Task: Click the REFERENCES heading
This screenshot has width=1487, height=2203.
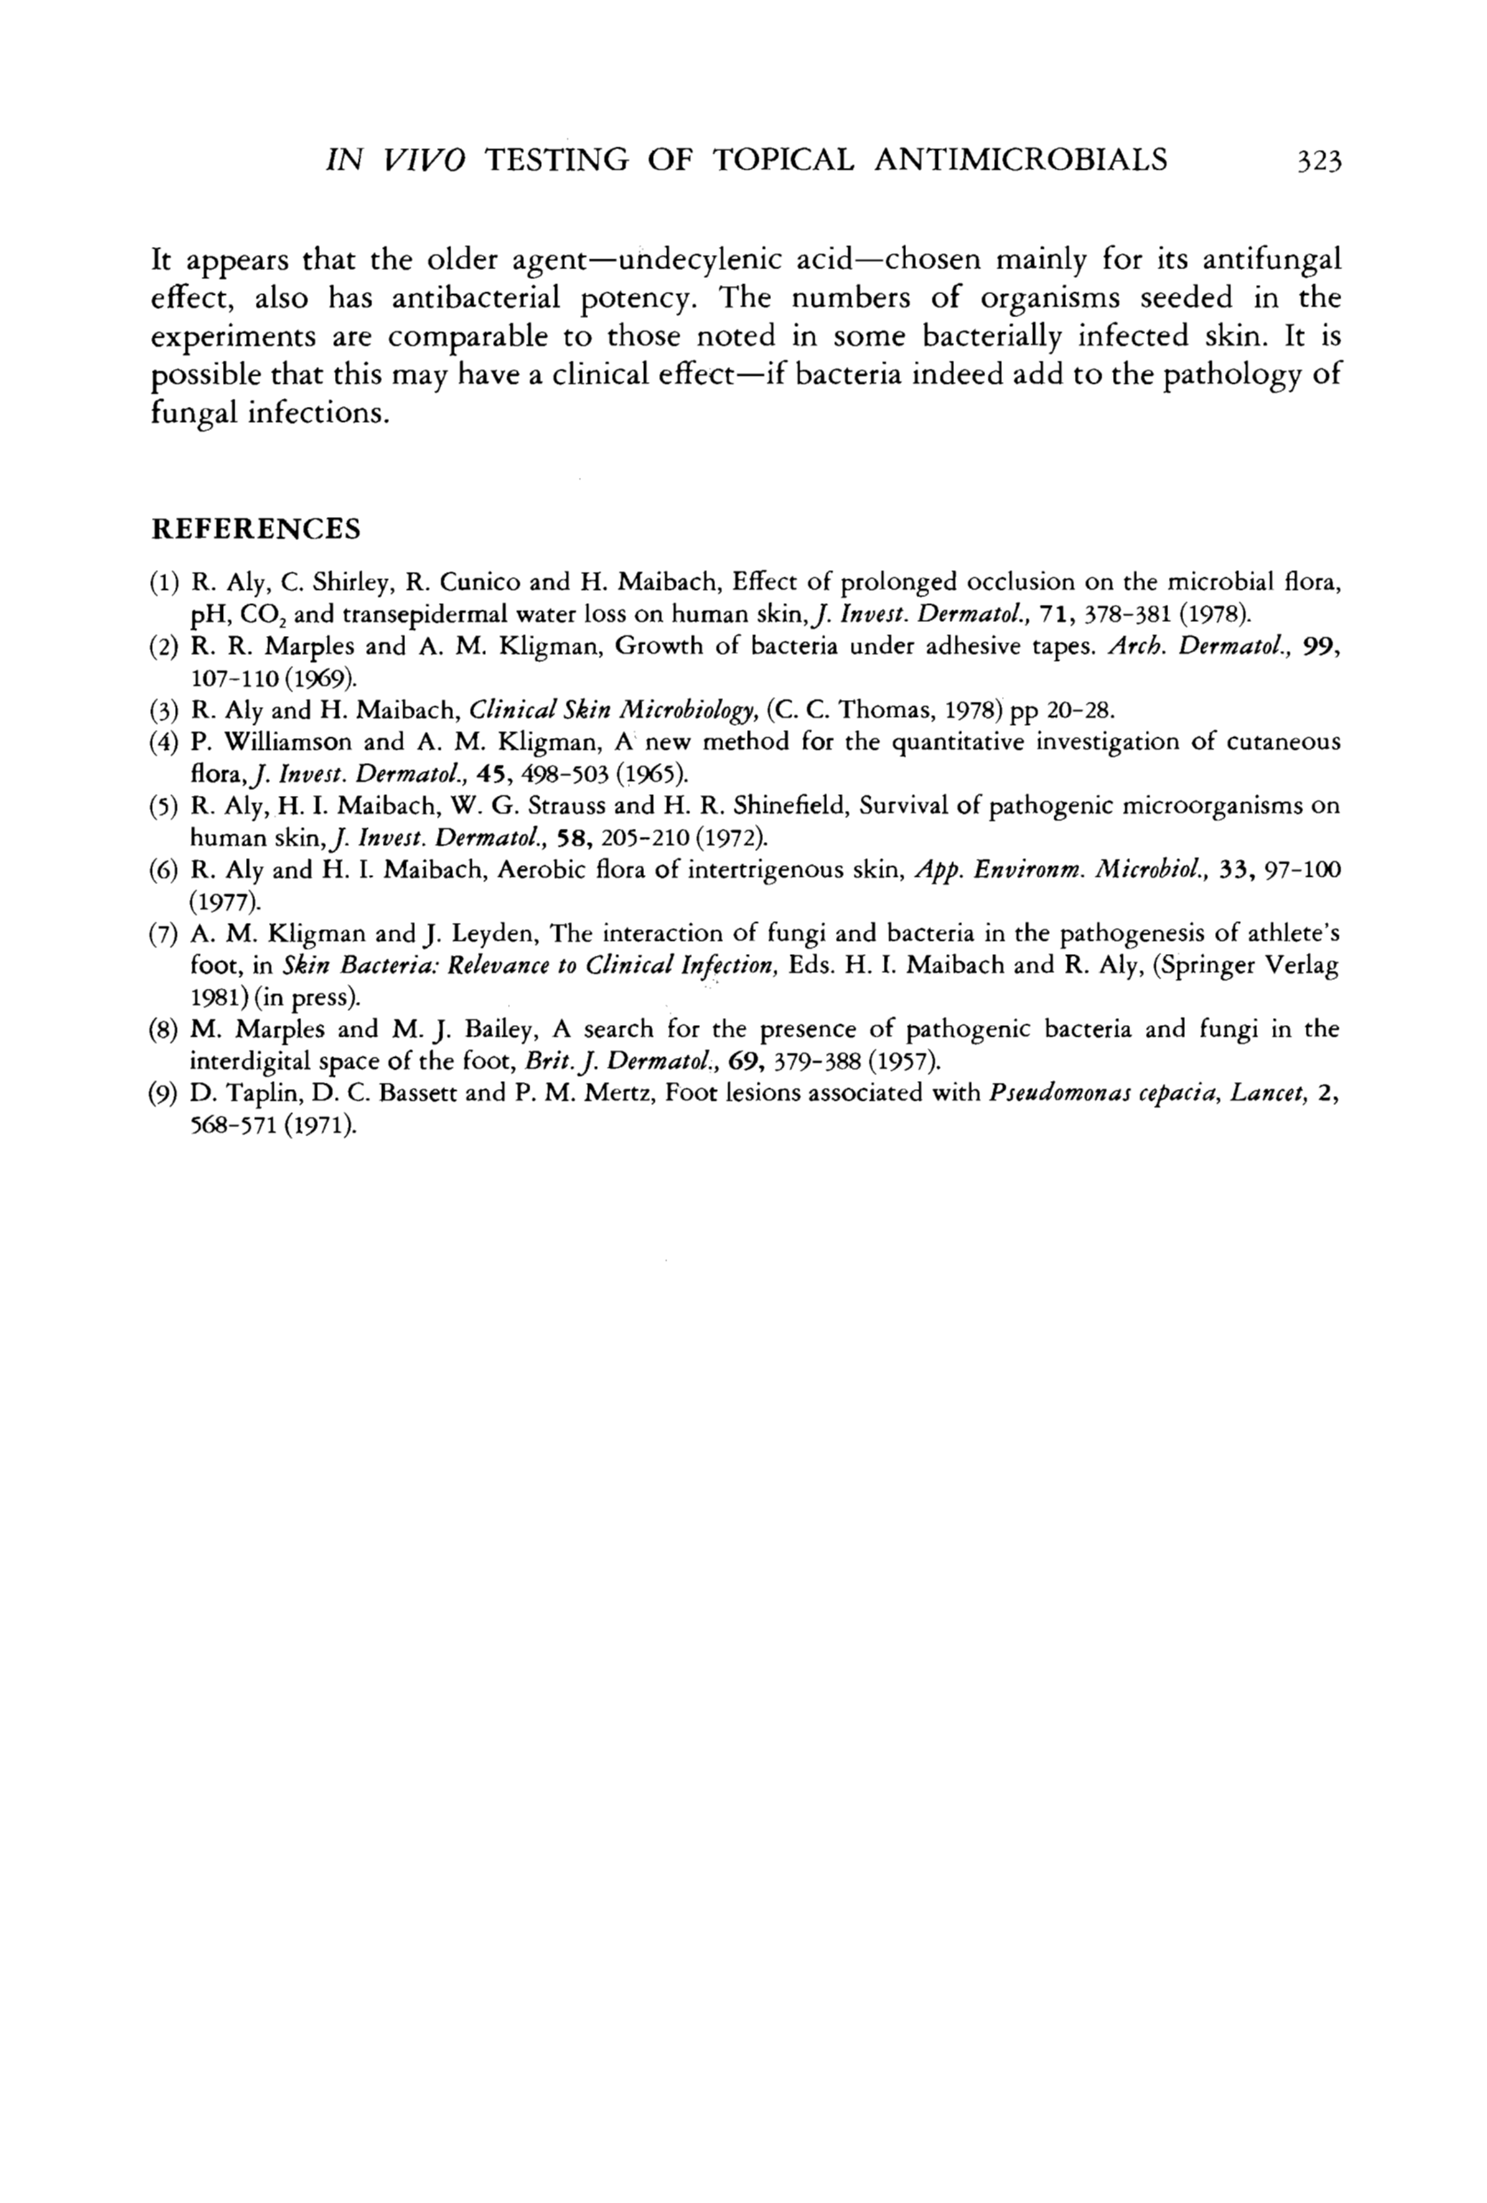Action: (x=256, y=529)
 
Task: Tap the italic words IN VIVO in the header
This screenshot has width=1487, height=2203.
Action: (x=394, y=160)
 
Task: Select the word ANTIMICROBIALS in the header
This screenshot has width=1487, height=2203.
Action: (x=1020, y=160)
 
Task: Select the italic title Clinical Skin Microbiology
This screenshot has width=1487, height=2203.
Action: (x=612, y=709)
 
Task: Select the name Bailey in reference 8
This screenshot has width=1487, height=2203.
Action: (x=505, y=1030)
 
